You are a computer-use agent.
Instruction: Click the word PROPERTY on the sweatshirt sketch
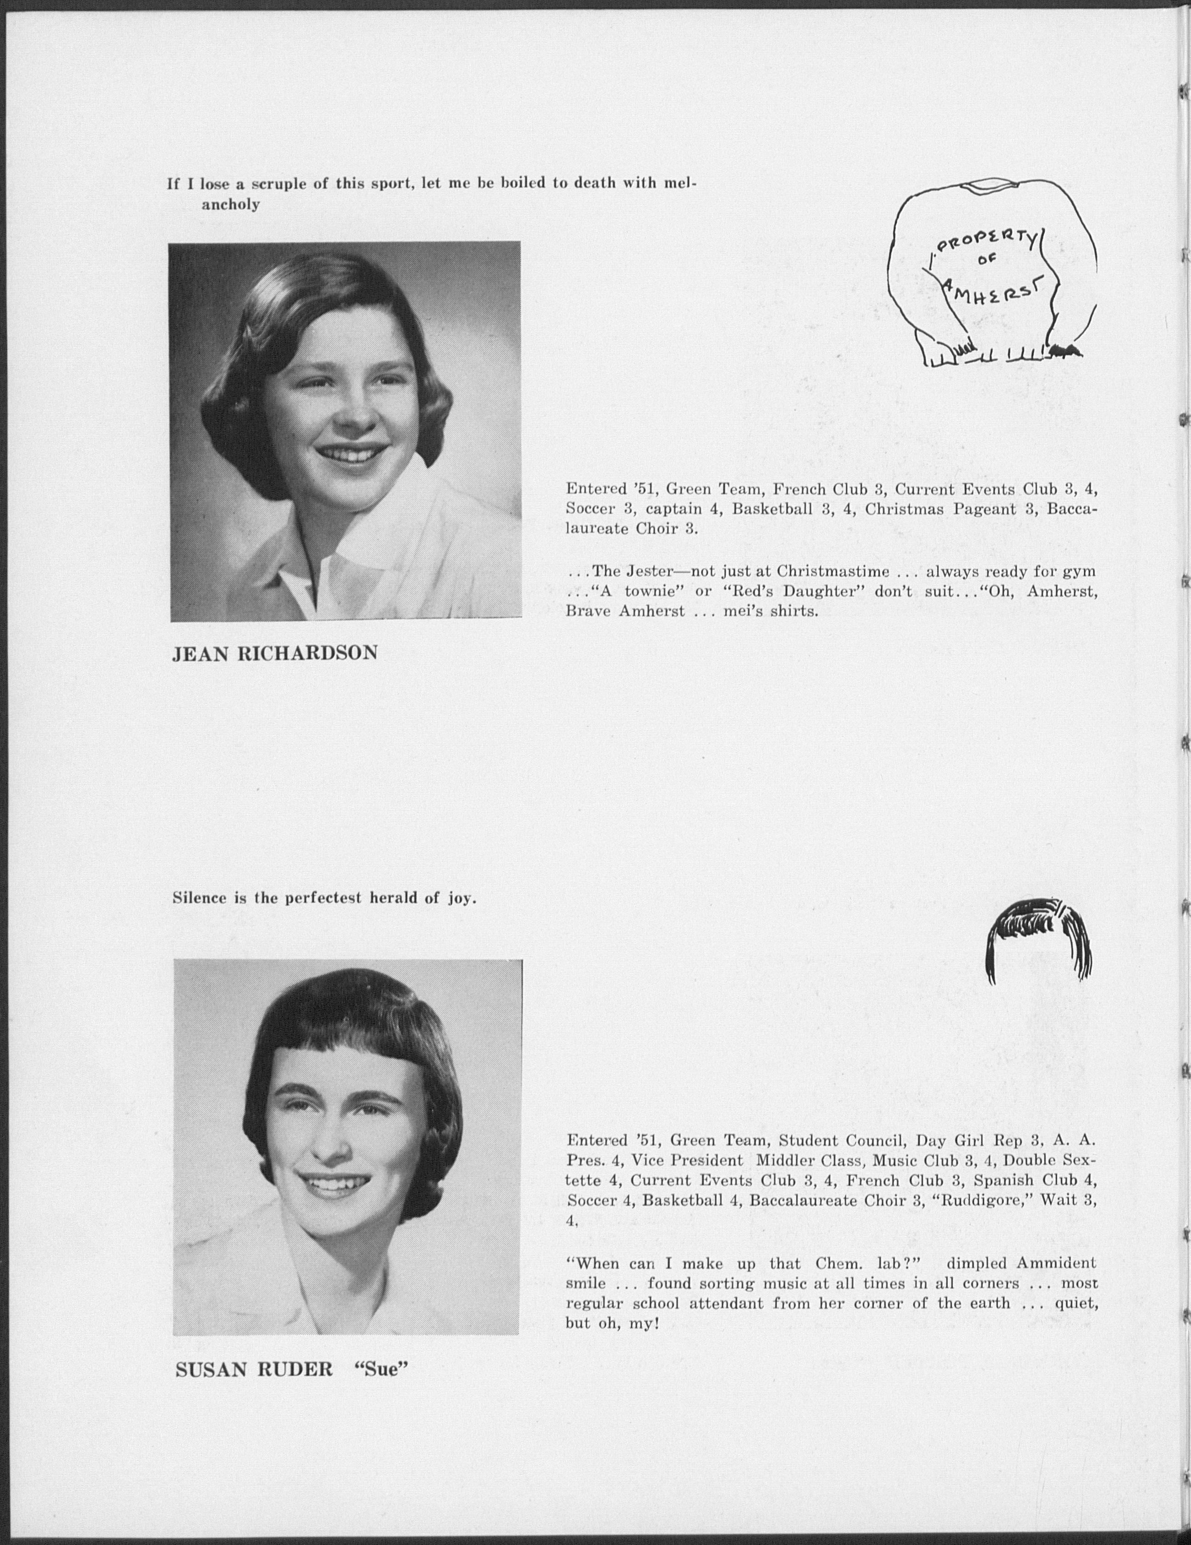(x=986, y=243)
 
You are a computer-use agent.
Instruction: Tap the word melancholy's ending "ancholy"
(x=231, y=205)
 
